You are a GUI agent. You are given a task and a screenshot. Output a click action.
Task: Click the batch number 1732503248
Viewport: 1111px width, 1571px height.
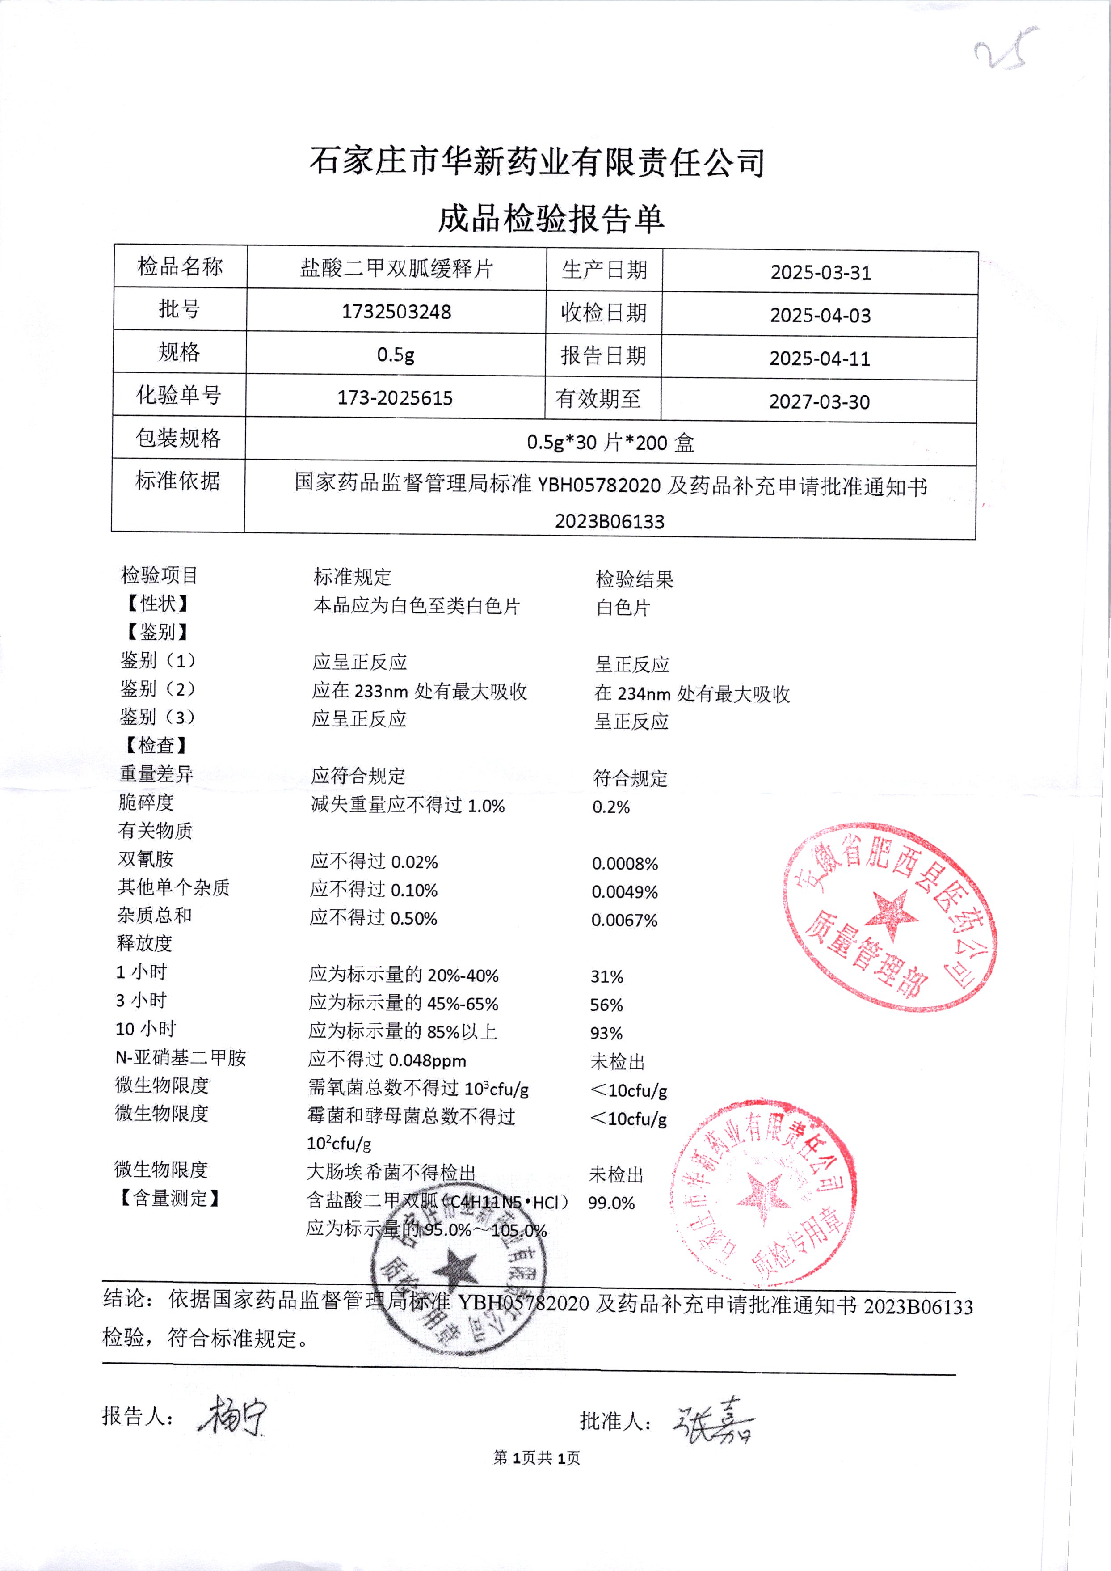(396, 312)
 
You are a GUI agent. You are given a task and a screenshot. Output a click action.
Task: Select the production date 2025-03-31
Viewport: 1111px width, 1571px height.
(820, 272)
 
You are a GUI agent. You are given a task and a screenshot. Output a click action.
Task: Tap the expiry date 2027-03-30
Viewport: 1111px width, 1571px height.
(819, 401)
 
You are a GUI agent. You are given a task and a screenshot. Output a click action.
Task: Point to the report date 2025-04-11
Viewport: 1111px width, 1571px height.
(820, 359)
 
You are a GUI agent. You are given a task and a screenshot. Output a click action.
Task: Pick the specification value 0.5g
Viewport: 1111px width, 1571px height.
(396, 355)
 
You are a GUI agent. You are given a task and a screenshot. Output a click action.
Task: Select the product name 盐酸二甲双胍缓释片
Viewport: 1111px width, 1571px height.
(396, 268)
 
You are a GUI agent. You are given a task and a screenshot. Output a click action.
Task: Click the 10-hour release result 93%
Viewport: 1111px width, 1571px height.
(606, 1033)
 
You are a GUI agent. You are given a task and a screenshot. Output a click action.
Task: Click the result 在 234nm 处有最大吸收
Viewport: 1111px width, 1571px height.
(692, 694)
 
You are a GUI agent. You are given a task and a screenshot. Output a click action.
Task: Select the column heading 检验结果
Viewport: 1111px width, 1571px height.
(634, 579)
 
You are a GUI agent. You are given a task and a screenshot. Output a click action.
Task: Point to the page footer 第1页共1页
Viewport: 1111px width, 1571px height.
(536, 1458)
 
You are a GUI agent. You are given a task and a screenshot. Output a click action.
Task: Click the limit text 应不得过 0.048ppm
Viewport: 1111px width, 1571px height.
(387, 1060)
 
